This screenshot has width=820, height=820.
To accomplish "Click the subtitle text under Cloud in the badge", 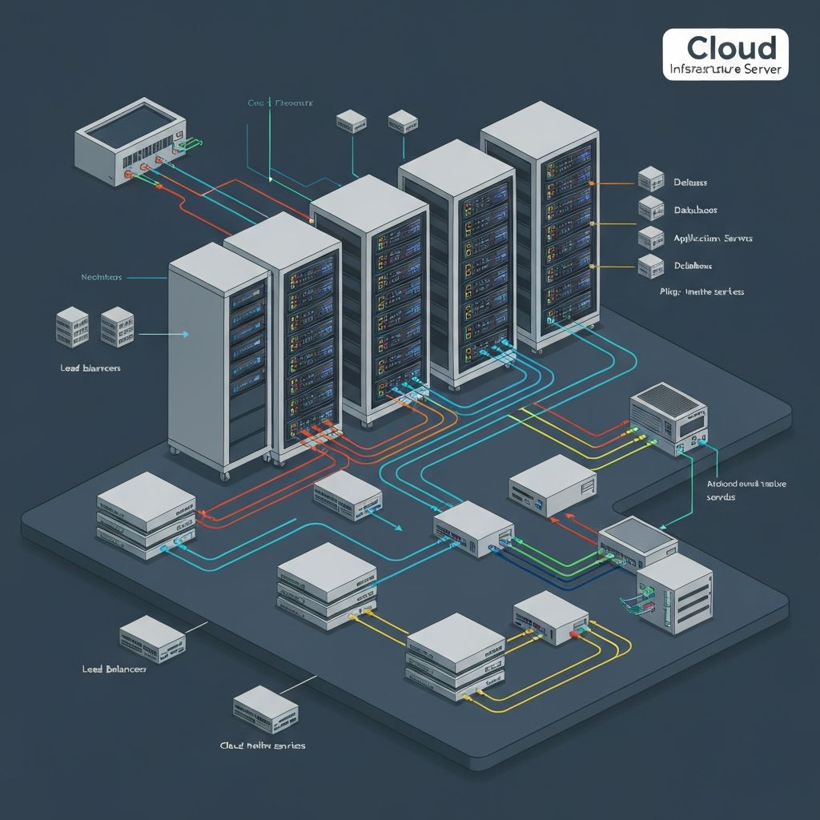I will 726,70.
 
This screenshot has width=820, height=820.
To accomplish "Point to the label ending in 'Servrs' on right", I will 713,239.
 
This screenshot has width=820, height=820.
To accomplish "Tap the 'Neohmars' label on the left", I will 102,277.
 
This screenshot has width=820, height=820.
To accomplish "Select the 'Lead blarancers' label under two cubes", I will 90,368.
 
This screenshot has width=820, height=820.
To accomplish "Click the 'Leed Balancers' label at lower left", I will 115,668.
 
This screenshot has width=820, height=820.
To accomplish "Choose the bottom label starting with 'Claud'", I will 263,746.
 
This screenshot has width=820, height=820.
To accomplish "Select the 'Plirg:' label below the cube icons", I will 701,291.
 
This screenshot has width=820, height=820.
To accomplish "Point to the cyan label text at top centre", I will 280,103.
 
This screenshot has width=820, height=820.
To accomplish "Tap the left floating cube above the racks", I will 351,121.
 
